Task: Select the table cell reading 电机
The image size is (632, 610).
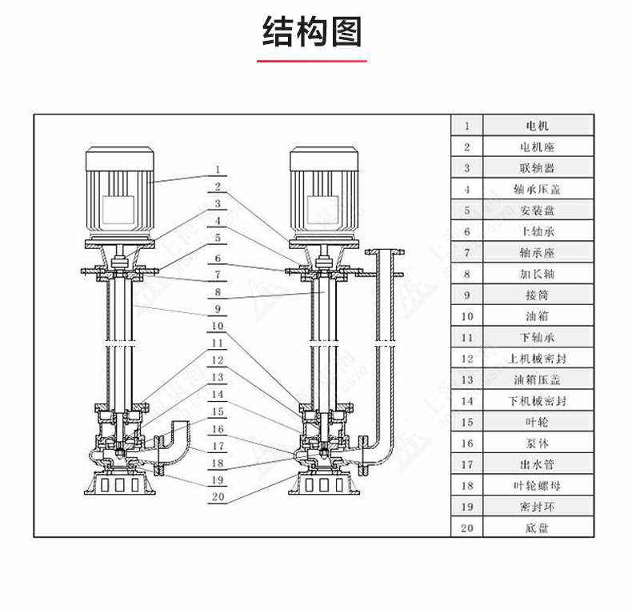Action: click(537, 126)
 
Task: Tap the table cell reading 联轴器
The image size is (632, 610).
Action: click(537, 168)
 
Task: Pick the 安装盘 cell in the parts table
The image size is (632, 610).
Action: click(537, 211)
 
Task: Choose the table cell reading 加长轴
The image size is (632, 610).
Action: click(537, 273)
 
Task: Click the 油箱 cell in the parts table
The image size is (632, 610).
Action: click(537, 316)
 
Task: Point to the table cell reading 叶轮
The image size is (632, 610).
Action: click(537, 421)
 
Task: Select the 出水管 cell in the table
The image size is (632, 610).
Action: click(537, 464)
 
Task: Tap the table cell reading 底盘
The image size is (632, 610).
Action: click(537, 528)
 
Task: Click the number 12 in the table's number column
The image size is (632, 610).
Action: click(468, 359)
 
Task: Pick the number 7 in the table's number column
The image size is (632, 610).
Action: click(468, 252)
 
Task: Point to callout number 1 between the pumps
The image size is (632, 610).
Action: click(218, 170)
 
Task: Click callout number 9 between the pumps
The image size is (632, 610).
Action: click(218, 308)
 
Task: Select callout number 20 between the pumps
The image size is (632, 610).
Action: click(218, 496)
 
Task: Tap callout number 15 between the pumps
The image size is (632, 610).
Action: click(218, 411)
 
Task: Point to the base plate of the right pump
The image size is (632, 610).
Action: click(323, 484)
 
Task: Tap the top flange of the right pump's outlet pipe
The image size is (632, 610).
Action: click(384, 252)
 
